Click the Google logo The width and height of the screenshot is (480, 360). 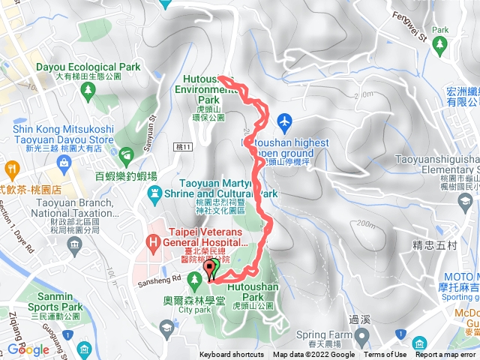(x=28, y=349)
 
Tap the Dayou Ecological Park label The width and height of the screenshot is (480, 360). (x=88, y=67)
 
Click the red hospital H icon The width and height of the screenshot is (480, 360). (x=153, y=242)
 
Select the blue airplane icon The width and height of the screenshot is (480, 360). (x=284, y=120)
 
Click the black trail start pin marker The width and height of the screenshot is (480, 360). (x=209, y=268)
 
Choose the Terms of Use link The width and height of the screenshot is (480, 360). (x=385, y=355)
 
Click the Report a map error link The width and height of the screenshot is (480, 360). (x=446, y=355)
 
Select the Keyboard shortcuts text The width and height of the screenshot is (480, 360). (x=232, y=355)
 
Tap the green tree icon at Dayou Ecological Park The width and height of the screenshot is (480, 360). (x=88, y=90)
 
